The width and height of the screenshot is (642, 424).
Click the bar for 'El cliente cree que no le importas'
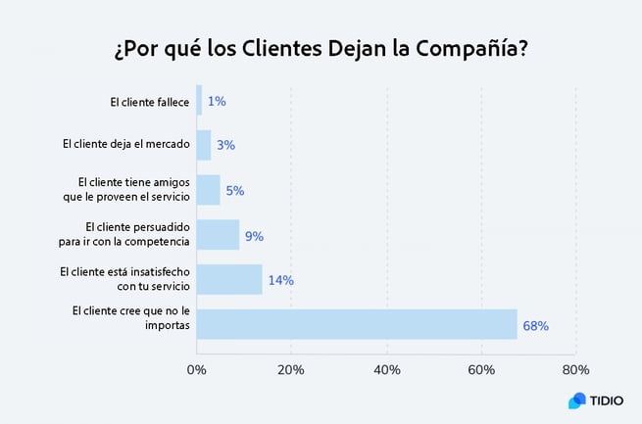click(357, 324)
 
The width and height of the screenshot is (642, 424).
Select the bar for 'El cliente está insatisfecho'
click(229, 279)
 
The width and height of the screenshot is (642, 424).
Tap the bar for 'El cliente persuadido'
click(218, 235)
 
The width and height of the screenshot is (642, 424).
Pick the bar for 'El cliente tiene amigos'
click(208, 190)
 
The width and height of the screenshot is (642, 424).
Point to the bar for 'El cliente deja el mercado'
click(204, 145)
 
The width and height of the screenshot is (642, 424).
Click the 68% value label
click(535, 325)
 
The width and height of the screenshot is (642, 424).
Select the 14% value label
click(280, 280)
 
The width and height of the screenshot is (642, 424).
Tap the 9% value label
click(254, 235)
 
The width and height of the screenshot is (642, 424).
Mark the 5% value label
click(234, 191)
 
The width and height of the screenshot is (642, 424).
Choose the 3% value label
click(225, 146)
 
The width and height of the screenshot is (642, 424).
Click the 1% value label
click(216, 101)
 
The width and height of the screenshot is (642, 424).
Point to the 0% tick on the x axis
click(197, 370)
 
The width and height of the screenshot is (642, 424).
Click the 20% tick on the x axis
click(291, 370)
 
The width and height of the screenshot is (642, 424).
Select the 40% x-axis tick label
click(386, 370)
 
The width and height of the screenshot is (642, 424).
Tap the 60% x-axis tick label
click(481, 370)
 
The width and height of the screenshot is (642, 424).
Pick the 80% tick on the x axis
click(575, 370)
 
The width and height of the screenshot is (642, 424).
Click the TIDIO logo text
click(602, 400)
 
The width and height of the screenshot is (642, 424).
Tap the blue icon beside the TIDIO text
click(576, 400)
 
